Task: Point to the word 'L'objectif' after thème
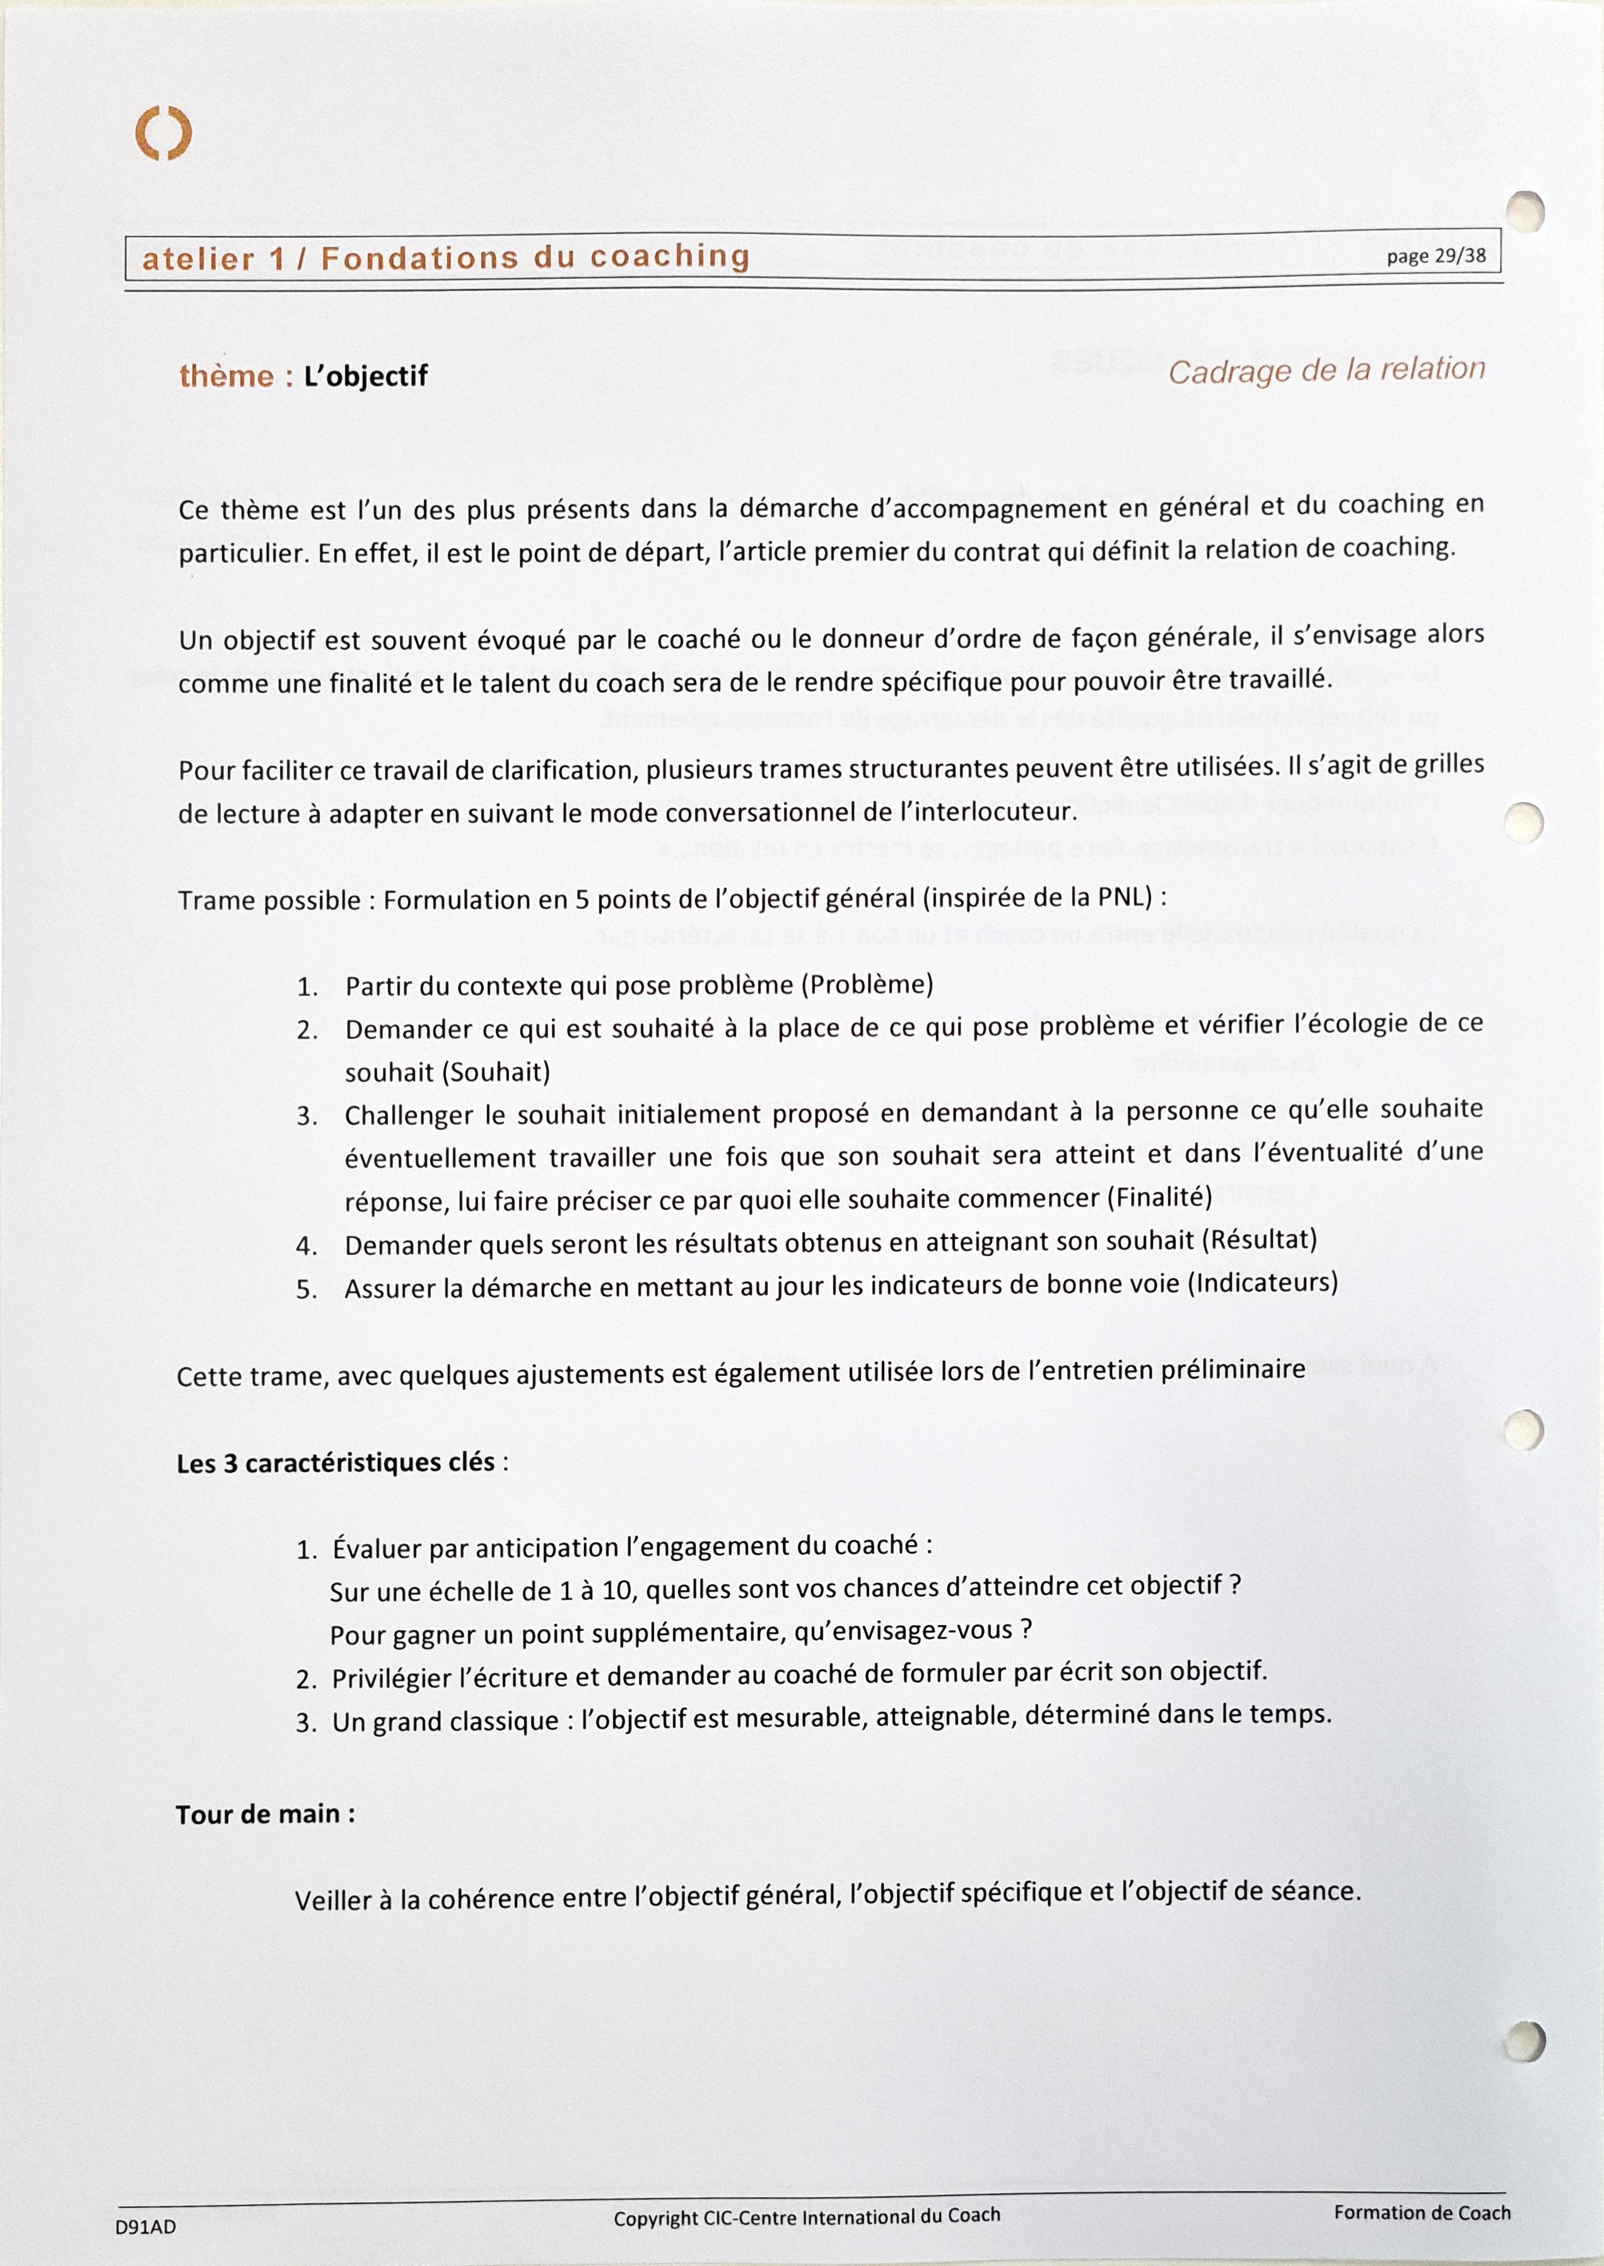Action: pos(365,377)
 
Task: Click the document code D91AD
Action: pos(145,2228)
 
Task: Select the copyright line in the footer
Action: pos(806,2217)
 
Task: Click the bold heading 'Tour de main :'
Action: pos(266,1814)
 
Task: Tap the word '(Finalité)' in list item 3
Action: pos(1159,1197)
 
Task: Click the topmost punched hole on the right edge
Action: pos(1526,211)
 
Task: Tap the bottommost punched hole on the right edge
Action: pos(1525,2040)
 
